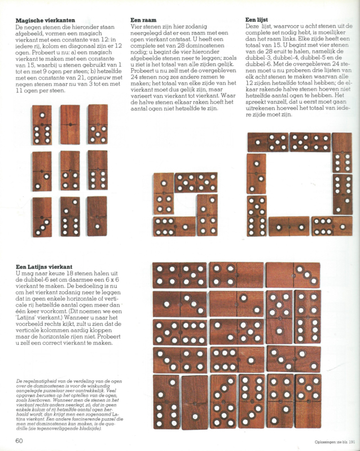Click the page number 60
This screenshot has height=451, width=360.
click(x=19, y=440)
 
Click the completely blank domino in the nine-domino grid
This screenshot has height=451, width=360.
click(x=98, y=216)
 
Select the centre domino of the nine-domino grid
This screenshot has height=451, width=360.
click(x=71, y=170)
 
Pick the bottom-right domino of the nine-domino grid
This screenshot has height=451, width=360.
click(x=98, y=216)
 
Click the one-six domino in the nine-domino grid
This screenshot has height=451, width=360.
click(x=42, y=124)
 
